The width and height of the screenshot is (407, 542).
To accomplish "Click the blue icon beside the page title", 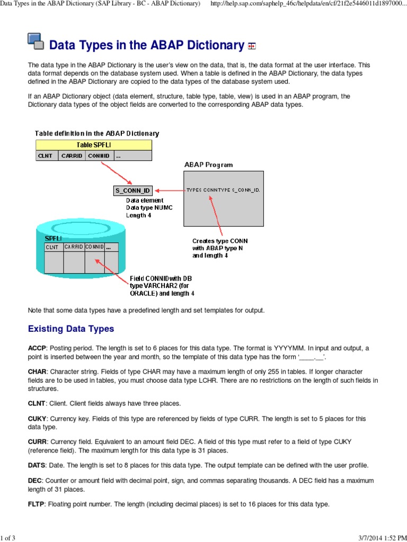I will click(36, 41).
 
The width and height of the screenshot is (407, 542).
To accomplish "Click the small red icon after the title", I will click(252, 47).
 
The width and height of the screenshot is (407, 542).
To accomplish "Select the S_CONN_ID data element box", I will click(133, 191).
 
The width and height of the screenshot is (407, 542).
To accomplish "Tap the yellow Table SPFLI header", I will click(94, 145).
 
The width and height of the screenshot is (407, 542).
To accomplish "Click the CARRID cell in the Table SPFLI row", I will click(72, 156).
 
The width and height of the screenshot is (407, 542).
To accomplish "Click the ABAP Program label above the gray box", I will click(208, 165).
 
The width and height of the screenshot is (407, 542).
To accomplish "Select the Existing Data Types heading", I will click(70, 329).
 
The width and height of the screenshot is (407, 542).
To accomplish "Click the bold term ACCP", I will click(37, 348).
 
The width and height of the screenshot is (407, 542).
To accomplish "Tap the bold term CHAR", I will click(37, 372).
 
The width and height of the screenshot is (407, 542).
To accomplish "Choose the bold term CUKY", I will click(37, 419).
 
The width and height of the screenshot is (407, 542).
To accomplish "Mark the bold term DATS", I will click(37, 465).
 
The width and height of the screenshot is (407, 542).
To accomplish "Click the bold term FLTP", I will click(37, 504).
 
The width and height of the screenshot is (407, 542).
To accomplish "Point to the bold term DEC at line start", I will click(34, 481).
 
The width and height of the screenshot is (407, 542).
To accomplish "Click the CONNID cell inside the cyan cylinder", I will click(95, 247).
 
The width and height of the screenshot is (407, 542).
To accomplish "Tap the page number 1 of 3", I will click(8, 538).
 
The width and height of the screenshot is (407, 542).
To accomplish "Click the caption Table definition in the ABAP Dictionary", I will click(97, 133).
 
